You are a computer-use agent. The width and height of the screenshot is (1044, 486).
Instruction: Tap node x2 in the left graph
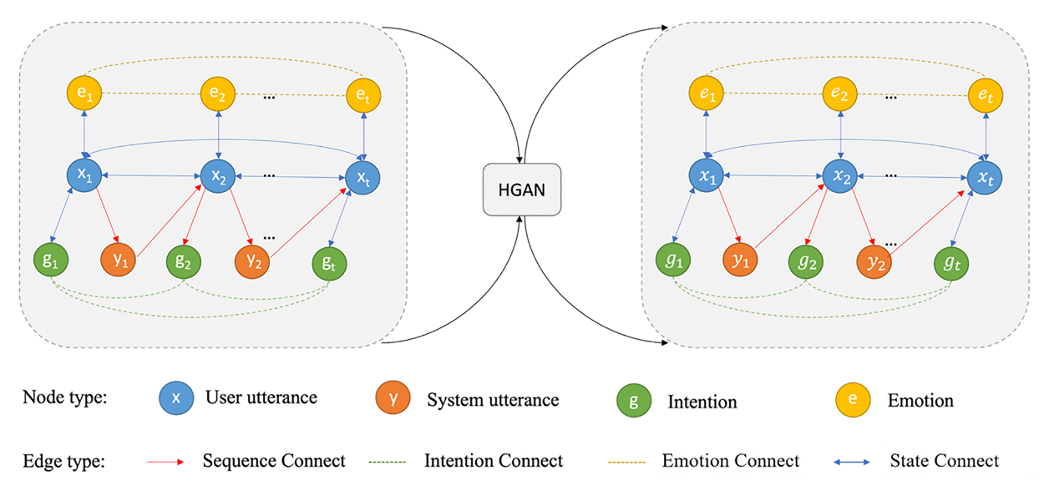click(218, 177)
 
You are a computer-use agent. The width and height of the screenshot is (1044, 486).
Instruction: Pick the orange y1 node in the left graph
click(119, 261)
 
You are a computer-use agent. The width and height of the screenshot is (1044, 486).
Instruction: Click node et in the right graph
click(987, 95)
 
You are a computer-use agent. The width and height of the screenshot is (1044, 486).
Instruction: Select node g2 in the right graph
click(807, 261)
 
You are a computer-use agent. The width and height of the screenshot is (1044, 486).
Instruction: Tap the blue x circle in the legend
click(175, 399)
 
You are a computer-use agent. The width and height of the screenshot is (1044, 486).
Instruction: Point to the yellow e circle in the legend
click(853, 400)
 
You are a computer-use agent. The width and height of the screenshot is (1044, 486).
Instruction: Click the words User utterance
click(261, 397)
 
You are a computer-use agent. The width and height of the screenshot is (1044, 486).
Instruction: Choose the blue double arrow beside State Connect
click(850, 461)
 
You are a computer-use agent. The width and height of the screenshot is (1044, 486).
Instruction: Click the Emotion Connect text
click(730, 461)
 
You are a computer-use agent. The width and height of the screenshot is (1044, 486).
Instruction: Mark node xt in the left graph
click(363, 177)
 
